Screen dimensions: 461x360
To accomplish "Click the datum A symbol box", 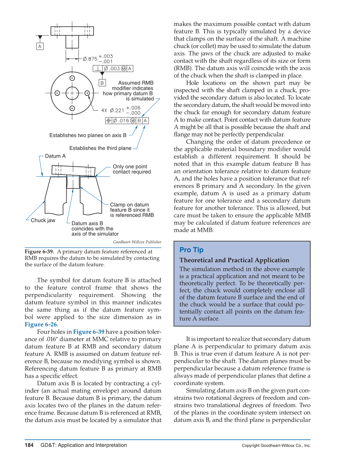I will pyautogui.click(x=40, y=46).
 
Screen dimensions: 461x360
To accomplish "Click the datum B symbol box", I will pyautogui.click(x=102, y=83).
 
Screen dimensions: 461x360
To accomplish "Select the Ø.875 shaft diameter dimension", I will pyautogui.click(x=97, y=59).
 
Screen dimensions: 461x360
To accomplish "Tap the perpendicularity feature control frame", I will pyautogui.click(x=113, y=69).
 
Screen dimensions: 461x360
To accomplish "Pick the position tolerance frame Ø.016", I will pyautogui.click(x=127, y=121).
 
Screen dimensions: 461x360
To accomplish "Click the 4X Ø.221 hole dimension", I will pyautogui.click(x=121, y=110).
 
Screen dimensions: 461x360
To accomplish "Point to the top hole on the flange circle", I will pyautogui.click(x=72, y=78).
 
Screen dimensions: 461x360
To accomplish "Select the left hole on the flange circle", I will pyautogui.click(x=57, y=93).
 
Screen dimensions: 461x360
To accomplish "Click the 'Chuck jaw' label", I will pyautogui.click(x=43, y=220).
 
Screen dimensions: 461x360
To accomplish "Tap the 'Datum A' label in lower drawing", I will pyautogui.click(x=55, y=156).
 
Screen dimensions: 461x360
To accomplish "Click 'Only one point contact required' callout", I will pyautogui.click(x=131, y=169).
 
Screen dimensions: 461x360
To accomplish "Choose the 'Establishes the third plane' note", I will pyautogui.click(x=100, y=148).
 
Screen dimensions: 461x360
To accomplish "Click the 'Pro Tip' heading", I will pyautogui.click(x=191, y=250).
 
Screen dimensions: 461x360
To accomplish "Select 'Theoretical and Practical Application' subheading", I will pyautogui.click(x=234, y=260).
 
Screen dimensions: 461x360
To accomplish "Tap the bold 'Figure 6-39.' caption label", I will pyautogui.click(x=40, y=252).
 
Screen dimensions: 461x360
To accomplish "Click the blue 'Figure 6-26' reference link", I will pyautogui.click(x=41, y=324).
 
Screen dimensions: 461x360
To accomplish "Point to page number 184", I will pyautogui.click(x=29, y=445).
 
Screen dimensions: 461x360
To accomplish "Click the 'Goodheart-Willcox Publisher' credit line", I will pyautogui.click(x=137, y=242).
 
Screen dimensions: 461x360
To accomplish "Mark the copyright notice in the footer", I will pyautogui.click(x=276, y=445).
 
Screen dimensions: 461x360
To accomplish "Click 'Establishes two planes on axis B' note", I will pyautogui.click(x=88, y=135).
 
